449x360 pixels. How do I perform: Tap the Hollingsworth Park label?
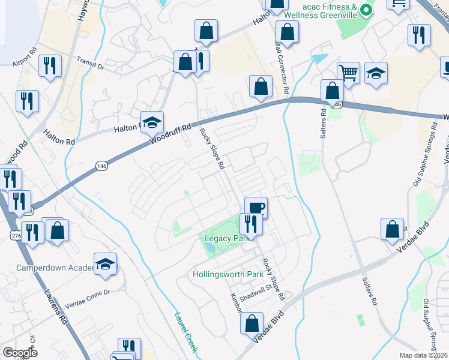229,275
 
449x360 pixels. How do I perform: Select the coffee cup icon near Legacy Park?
256,208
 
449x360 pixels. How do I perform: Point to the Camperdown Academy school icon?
106,264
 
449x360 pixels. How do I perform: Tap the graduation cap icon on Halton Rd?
152,122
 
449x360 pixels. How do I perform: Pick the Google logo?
20,353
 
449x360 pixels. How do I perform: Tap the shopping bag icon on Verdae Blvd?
252,323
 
